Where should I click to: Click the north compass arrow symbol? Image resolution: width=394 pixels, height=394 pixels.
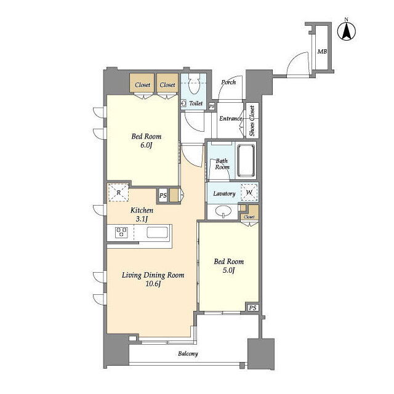[347, 31]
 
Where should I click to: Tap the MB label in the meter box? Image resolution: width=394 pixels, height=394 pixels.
[322, 52]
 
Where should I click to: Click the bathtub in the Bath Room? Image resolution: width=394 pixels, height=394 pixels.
[246, 160]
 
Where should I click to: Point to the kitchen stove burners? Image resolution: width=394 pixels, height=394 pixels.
[121, 232]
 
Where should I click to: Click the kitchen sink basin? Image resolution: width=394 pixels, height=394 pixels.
[157, 232]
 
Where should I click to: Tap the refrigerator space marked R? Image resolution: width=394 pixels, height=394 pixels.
[119, 193]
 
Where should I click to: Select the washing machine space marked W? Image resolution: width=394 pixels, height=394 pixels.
[249, 193]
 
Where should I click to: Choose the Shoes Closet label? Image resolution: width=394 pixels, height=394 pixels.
[252, 121]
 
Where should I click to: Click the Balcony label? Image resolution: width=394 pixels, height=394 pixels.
[188, 354]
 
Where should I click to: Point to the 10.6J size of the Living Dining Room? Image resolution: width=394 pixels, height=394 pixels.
[153, 284]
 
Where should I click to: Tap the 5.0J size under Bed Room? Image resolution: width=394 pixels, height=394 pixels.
[228, 270]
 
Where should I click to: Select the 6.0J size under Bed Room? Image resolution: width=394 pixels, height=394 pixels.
[147, 145]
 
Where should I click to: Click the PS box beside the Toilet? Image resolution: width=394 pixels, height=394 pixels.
[212, 107]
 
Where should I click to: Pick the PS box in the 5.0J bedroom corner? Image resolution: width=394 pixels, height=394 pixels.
[253, 308]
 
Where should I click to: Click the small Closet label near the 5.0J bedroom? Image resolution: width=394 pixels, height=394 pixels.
[249, 217]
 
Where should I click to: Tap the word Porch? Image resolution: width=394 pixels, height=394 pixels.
[228, 82]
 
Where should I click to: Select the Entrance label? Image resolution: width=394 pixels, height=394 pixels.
[231, 118]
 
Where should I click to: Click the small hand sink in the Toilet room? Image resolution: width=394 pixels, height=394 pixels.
[183, 103]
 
